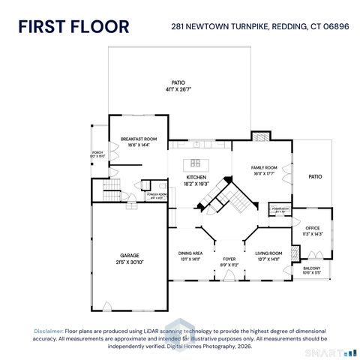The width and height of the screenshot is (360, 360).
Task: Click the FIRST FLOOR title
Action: click(73, 26)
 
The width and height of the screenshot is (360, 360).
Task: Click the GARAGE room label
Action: click(130, 255)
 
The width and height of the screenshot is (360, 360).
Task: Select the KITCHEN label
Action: click(196, 177)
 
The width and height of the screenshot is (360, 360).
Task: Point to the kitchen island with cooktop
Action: click(196, 163)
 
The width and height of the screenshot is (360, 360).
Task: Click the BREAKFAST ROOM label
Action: click(139, 139)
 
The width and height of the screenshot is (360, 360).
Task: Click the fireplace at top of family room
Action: click(259, 137)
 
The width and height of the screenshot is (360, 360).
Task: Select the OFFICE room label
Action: click(312, 228)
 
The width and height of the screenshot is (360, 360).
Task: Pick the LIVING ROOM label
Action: click(268, 253)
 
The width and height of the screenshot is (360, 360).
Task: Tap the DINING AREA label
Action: click(190, 253)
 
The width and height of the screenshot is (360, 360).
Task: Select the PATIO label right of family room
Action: click(315, 177)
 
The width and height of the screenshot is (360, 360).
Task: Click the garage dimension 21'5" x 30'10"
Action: click(130, 262)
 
